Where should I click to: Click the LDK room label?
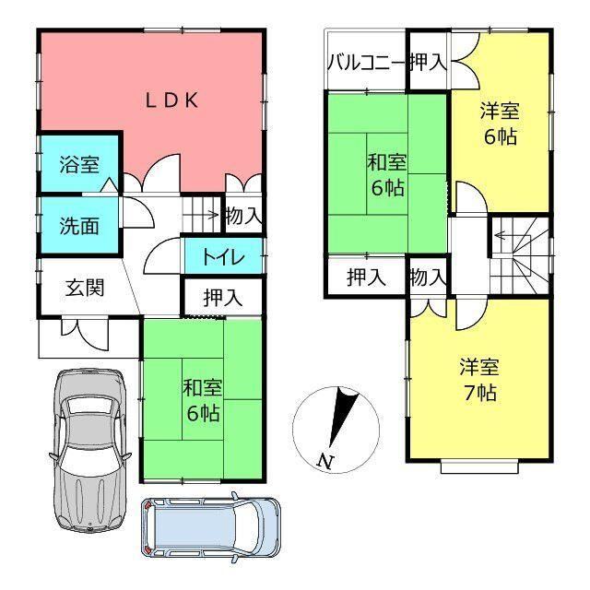click(x=172, y=100)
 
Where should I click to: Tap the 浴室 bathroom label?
click(x=79, y=164)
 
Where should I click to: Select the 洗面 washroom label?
click(x=79, y=226)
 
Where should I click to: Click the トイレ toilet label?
click(x=224, y=256)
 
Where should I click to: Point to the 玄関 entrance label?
click(x=85, y=288)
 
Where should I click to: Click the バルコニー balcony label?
click(x=366, y=62)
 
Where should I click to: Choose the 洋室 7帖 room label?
click(x=479, y=380)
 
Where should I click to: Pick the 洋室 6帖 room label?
click(x=500, y=124)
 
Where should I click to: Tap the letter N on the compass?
click(x=325, y=461)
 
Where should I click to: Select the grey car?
click(x=89, y=450)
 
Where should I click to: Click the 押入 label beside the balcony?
click(x=428, y=62)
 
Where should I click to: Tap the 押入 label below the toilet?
click(x=223, y=298)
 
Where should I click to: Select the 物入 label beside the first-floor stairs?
click(x=243, y=216)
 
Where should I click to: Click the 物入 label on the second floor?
click(x=428, y=277)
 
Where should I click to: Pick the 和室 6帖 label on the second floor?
click(x=387, y=175)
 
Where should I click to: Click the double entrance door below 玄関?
click(x=85, y=331)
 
